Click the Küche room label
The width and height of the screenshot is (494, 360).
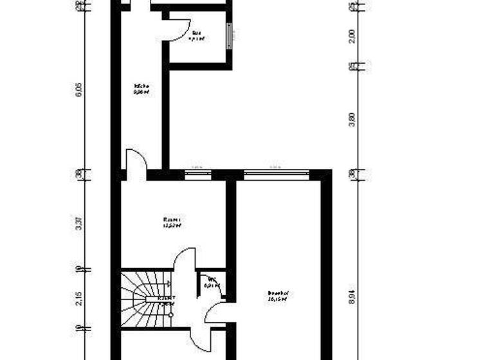coord(142,89)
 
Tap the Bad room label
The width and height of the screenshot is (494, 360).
coord(196,35)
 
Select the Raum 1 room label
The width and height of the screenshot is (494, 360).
coord(172,222)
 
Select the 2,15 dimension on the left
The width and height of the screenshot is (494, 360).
coord(79,299)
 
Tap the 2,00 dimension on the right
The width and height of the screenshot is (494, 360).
coord(352,35)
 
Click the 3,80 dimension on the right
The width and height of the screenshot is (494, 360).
coord(352,120)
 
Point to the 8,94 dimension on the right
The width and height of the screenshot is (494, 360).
coord(352,296)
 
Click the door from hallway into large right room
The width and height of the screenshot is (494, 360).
coord(216,312)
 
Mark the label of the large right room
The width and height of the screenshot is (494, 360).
coord(279,296)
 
